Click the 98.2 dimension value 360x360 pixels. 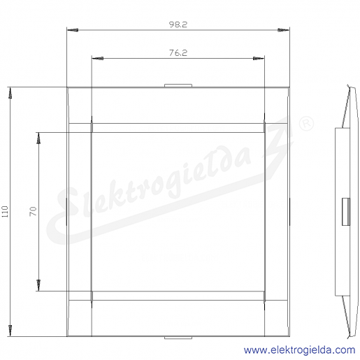178,24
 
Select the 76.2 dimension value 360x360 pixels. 178,53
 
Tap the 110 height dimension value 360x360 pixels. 5,212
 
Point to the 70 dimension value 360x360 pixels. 33,211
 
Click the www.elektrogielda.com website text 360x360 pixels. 299,350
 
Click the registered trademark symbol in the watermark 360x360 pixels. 306,124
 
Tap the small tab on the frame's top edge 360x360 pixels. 178,85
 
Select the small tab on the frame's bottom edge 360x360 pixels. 178,338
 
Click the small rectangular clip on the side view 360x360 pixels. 346,212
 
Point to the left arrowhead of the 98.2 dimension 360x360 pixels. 73,30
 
